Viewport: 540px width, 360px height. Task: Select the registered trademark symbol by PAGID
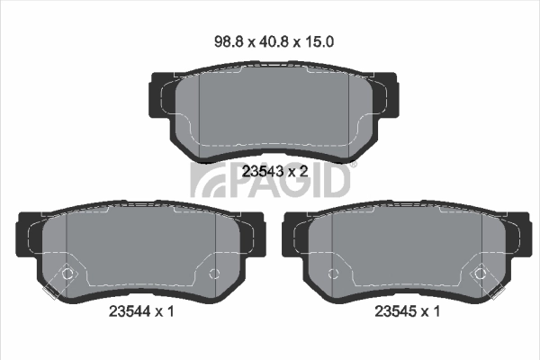click(x=354, y=165)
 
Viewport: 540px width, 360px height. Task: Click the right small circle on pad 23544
click(x=213, y=273)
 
